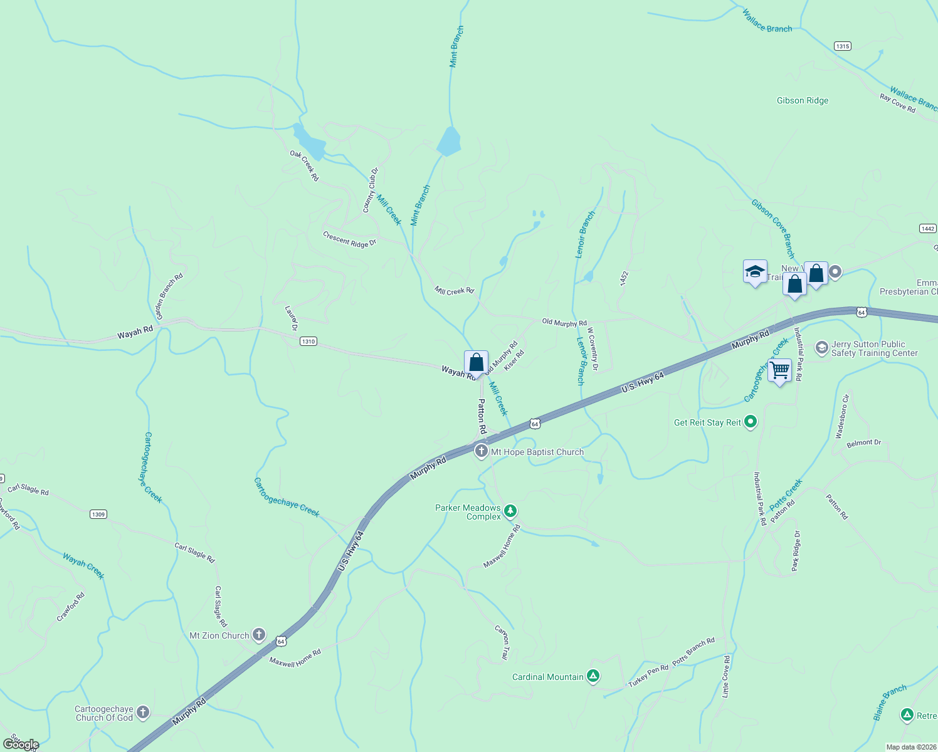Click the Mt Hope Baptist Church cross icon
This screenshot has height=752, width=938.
(x=481, y=451)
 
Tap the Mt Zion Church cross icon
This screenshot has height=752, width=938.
(x=258, y=635)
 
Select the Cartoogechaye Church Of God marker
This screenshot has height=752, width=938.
(x=143, y=712)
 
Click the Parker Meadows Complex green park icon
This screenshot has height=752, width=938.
(x=510, y=511)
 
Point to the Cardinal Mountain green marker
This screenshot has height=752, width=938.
(x=593, y=676)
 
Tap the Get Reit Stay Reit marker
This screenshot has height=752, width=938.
(x=751, y=422)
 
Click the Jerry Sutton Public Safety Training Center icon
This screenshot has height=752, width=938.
(x=821, y=348)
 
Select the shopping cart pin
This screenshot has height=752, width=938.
(x=779, y=370)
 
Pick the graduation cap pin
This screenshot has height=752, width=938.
(x=755, y=272)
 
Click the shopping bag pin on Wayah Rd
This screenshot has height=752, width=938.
(x=476, y=363)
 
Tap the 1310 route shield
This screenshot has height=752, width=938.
(x=308, y=342)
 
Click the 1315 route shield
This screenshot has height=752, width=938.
(x=842, y=46)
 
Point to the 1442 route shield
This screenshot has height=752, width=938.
(x=928, y=229)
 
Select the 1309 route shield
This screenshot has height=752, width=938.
(x=98, y=514)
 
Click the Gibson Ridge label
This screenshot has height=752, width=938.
(x=802, y=100)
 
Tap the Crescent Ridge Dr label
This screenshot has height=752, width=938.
(x=349, y=239)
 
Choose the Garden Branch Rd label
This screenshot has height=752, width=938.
(x=169, y=296)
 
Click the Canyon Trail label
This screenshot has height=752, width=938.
(x=502, y=642)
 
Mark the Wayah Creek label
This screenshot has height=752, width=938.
(x=83, y=565)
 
